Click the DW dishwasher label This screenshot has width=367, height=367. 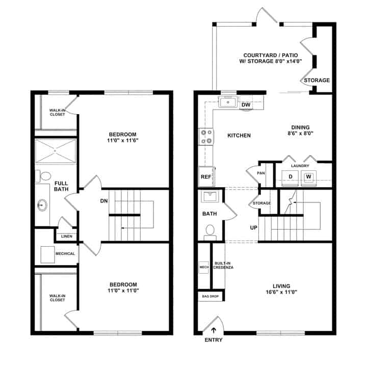point(246,105)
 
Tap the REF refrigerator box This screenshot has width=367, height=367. point(206,177)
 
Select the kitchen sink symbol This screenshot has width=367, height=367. point(227,102)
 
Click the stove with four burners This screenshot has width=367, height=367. point(206,137)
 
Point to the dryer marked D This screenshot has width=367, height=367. point(290,177)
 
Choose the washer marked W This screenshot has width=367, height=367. point(308,177)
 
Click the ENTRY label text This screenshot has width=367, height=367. point(214,340)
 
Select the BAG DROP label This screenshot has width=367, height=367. point(211,296)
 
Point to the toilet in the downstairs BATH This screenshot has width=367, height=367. point(209,232)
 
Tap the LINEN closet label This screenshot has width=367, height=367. point(66,237)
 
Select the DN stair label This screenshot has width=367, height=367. point(104,201)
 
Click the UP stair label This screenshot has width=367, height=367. point(253,227)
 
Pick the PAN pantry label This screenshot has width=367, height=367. point(261,173)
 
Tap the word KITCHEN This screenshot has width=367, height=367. point(239,136)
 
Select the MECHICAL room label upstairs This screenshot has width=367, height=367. point(66,254)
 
